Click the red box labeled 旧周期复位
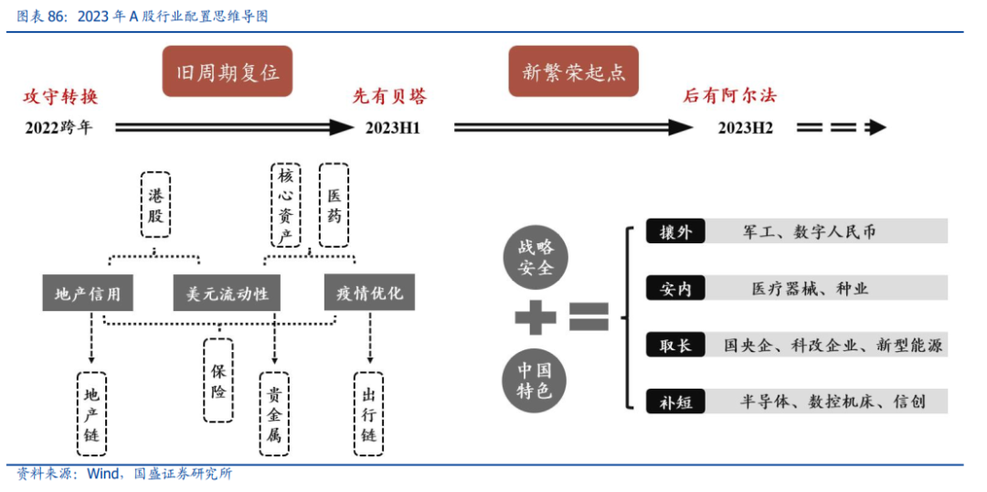(x=228, y=71)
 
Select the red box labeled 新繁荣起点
(x=573, y=71)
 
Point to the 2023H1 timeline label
(x=392, y=128)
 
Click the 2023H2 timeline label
(x=745, y=128)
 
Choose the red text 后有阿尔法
(x=729, y=96)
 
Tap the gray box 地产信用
(x=88, y=294)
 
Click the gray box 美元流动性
(x=227, y=294)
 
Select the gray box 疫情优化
(x=369, y=294)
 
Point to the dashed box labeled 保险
(x=218, y=380)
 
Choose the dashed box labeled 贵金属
(x=274, y=413)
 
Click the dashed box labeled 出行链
(x=369, y=413)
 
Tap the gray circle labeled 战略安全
(x=536, y=257)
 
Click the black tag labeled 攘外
(x=675, y=231)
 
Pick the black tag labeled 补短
(x=675, y=401)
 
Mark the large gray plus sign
(x=536, y=318)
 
